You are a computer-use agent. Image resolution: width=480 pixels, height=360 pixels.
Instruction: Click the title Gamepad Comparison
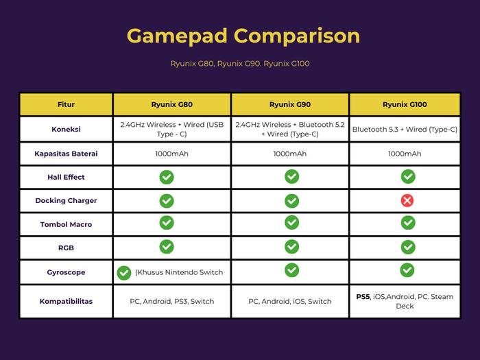click(x=243, y=36)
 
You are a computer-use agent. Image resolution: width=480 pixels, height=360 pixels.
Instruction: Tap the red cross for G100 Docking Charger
click(x=407, y=200)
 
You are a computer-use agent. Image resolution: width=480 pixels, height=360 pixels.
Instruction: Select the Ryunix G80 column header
click(x=171, y=104)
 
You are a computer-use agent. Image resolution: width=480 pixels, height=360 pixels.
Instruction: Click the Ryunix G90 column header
click(x=290, y=104)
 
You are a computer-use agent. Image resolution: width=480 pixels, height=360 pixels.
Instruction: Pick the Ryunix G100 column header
click(x=405, y=104)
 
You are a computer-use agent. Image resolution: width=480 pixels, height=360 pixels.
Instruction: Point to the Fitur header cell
click(x=66, y=104)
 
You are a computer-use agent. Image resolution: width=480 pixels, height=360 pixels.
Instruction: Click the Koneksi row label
click(x=66, y=129)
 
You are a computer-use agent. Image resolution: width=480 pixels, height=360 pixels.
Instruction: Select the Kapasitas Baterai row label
click(x=66, y=154)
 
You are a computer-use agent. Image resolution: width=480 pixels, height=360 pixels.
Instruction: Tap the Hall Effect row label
click(x=66, y=177)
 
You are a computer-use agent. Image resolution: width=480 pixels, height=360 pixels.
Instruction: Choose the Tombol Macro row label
click(x=66, y=224)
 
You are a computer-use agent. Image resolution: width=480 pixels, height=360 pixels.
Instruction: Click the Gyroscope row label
click(x=66, y=272)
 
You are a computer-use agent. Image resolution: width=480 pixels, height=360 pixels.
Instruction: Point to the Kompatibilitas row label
click(x=66, y=301)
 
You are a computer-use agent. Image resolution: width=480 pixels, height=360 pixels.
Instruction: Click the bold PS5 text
click(x=363, y=297)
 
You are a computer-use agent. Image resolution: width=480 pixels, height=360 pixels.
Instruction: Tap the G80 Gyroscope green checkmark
click(x=124, y=273)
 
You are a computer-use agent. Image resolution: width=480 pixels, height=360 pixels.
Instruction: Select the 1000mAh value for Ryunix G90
click(x=290, y=154)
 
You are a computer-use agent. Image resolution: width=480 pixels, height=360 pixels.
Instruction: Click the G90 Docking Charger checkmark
click(x=291, y=201)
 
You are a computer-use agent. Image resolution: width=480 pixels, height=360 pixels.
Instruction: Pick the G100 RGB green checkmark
click(x=408, y=247)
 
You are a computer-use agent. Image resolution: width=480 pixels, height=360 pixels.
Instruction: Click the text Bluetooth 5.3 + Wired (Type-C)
click(x=405, y=129)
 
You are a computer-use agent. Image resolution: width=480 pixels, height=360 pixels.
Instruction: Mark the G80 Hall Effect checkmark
click(x=167, y=177)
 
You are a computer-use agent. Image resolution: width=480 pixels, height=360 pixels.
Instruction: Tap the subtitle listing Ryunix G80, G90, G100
click(x=240, y=64)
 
